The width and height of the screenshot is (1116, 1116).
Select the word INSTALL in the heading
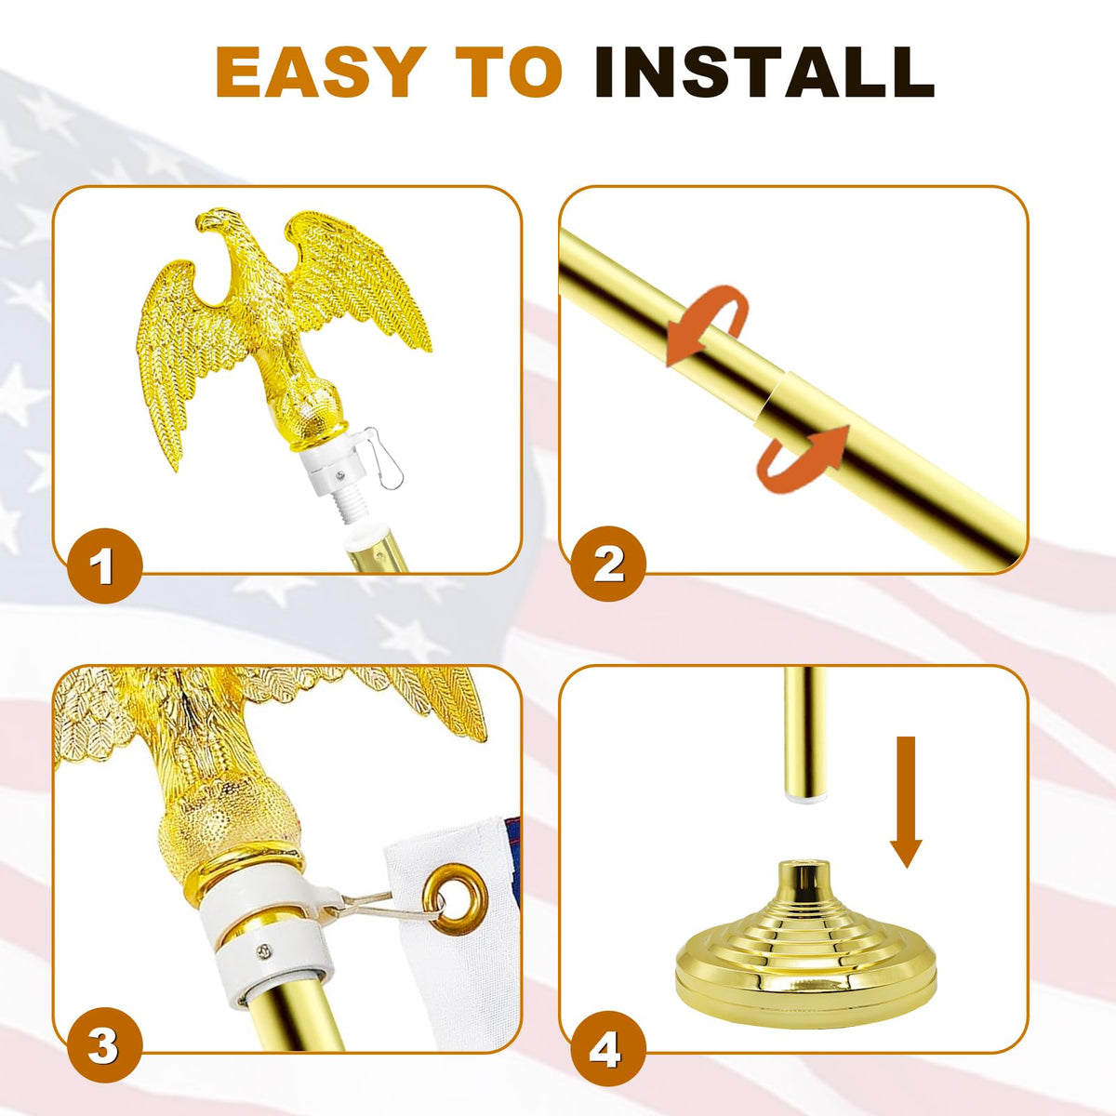tap(764, 72)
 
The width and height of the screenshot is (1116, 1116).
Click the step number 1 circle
tap(105, 565)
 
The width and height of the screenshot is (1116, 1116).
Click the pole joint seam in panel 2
tap(774, 402)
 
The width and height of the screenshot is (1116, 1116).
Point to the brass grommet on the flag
tap(455, 899)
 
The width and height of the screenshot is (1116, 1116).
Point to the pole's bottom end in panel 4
tap(804, 797)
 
